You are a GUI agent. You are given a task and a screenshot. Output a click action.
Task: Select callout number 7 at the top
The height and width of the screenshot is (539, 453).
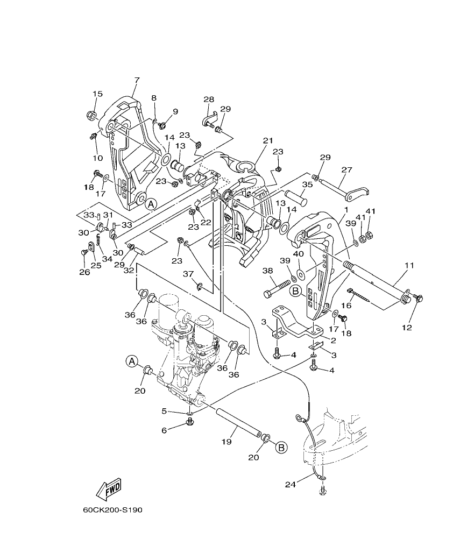click(137, 80)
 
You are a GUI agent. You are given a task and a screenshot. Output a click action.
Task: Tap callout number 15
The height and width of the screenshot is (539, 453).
click(97, 94)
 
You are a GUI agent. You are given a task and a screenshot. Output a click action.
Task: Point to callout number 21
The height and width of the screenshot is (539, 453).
click(268, 140)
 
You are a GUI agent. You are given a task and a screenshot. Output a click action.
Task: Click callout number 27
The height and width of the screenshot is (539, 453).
click(347, 169)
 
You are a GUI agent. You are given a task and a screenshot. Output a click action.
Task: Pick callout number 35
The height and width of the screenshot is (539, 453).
click(307, 185)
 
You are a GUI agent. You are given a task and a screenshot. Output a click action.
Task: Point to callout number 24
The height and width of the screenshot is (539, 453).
click(291, 485)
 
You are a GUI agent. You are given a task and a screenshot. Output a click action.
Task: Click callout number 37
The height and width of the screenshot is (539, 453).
click(188, 274)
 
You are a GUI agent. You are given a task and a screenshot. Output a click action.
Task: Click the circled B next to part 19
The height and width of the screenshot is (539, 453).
click(281, 447)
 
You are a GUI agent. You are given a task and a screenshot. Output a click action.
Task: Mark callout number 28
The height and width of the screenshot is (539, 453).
click(208, 100)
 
